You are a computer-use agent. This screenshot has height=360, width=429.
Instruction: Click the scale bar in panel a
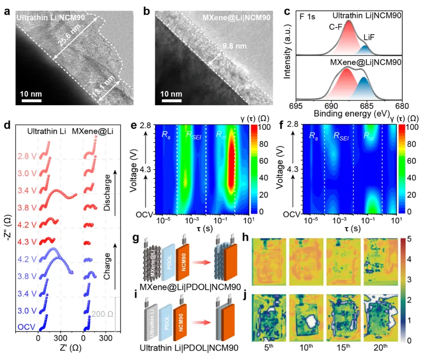click(31, 101)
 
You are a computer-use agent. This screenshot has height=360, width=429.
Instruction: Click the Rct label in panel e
click(221, 135)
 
